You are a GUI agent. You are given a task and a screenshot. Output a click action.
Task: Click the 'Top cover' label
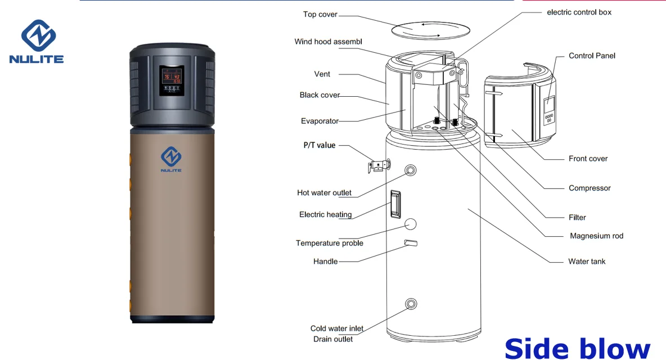(320, 14)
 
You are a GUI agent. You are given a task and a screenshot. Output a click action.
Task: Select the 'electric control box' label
(579, 12)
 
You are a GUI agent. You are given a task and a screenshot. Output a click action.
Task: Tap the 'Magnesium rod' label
(596, 236)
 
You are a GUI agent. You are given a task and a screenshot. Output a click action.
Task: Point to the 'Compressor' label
(589, 188)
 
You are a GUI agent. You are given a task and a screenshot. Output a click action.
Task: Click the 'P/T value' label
(319, 145)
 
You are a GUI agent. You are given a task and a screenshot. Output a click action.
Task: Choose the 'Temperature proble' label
(330, 243)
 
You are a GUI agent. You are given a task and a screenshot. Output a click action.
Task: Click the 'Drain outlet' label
(333, 339)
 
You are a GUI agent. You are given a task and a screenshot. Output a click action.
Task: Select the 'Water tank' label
(587, 261)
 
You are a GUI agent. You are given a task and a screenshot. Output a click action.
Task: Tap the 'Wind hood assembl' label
(328, 42)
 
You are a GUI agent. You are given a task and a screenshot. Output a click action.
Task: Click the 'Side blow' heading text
(578, 347)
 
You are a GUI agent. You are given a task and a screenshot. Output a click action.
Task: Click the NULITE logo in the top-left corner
(37, 42)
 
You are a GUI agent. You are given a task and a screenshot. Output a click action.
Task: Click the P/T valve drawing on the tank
(378, 165)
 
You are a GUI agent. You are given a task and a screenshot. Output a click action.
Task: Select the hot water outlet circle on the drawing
(412, 170)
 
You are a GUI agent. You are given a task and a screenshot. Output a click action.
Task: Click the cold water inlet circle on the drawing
(412, 304)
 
